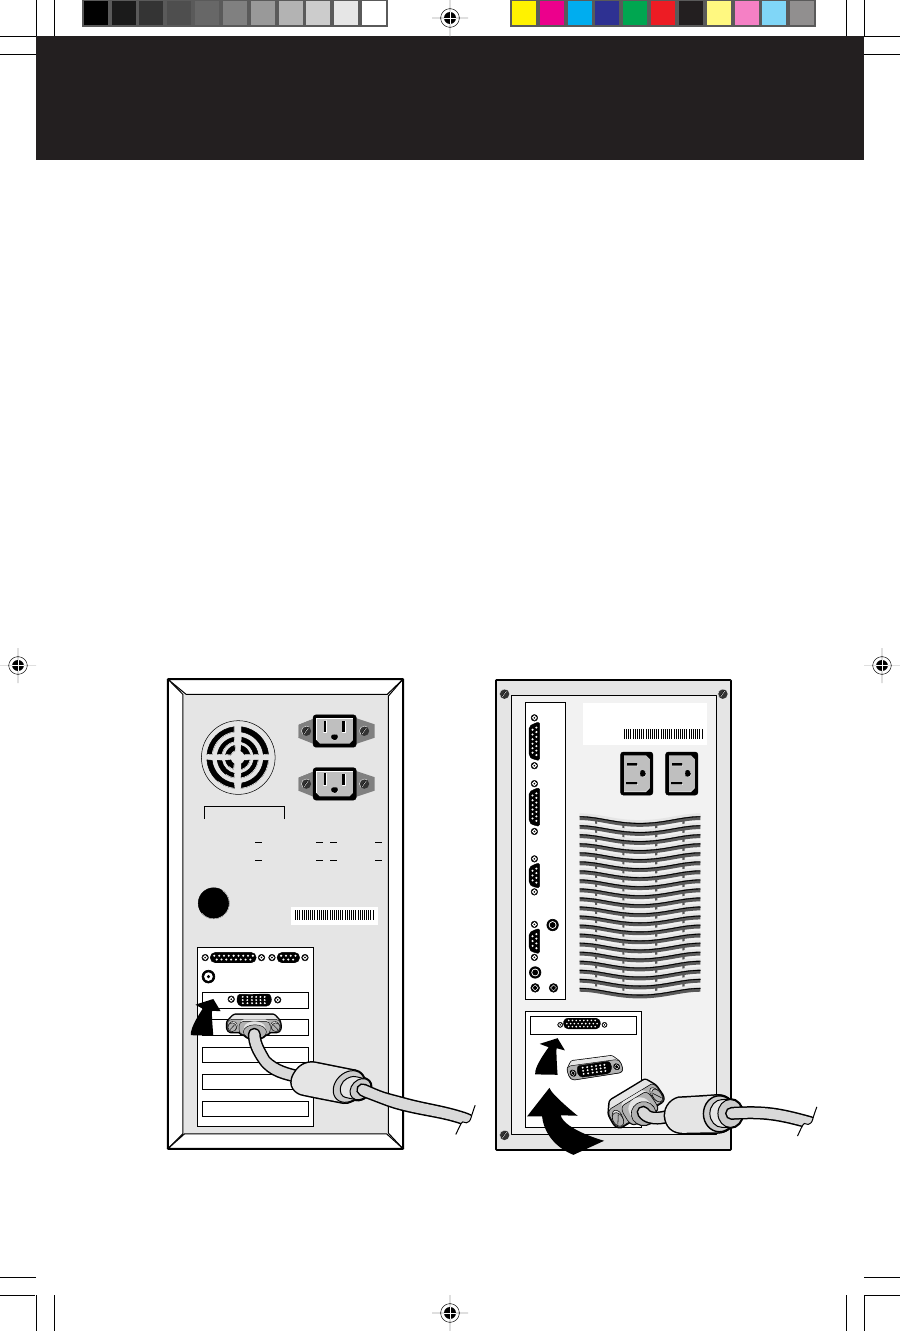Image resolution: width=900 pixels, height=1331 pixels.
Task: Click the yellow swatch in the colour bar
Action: pyautogui.click(x=524, y=13)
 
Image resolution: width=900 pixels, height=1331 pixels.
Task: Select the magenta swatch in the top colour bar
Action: pyautogui.click(x=551, y=13)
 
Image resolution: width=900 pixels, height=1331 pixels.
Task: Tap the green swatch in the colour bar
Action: pyautogui.click(x=634, y=13)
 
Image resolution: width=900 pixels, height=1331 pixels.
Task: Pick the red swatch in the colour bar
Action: pyautogui.click(x=662, y=13)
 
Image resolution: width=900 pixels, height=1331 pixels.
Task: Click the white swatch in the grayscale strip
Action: pyautogui.click(x=373, y=13)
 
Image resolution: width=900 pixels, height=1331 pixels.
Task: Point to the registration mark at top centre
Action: pyautogui.click(x=449, y=17)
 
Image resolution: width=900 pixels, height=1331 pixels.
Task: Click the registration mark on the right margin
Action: pyautogui.click(x=881, y=665)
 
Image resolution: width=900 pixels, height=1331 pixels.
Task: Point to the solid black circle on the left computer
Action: pyautogui.click(x=213, y=903)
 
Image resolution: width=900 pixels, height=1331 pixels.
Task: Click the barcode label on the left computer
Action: pyautogui.click(x=334, y=915)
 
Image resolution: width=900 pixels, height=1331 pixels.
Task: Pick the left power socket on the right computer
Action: pyautogui.click(x=636, y=773)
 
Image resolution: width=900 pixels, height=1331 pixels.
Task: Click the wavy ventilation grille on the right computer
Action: pyautogui.click(x=639, y=900)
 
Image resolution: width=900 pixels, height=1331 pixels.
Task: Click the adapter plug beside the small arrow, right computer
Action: pyautogui.click(x=596, y=1067)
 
